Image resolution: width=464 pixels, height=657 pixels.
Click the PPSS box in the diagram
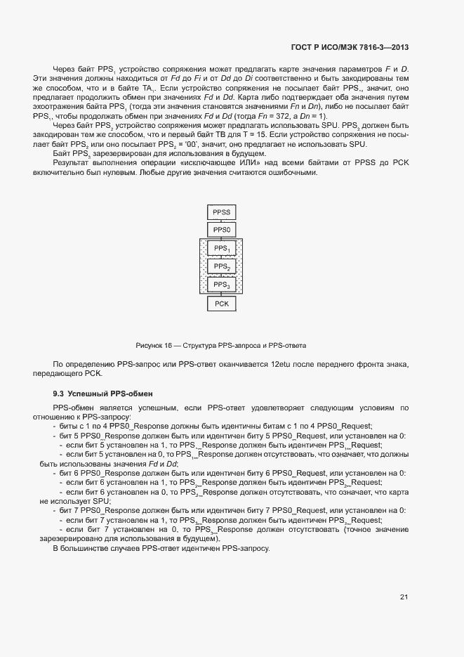221,212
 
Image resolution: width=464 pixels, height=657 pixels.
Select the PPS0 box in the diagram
221,230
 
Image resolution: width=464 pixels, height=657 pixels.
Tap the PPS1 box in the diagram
221,249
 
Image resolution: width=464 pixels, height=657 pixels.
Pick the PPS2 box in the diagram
221,267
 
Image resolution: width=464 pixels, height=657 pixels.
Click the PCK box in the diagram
221,304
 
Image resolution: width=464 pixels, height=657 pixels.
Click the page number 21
404,597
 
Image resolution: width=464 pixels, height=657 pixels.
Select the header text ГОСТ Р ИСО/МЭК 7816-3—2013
350,48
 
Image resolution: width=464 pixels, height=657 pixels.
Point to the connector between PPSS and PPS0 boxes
221,221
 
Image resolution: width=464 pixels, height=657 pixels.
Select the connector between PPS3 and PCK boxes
221,294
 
